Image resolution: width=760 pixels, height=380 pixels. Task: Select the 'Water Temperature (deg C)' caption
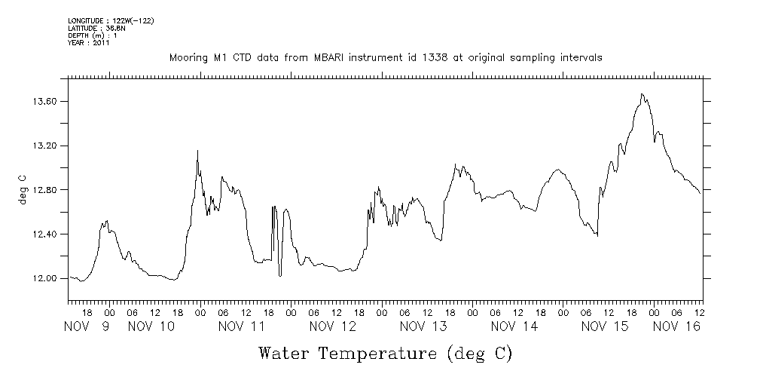[385, 352]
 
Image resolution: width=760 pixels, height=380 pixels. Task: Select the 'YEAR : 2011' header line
[89, 43]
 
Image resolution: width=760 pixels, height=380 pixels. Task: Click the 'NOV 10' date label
[151, 326]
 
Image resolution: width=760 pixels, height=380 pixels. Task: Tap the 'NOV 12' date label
[333, 326]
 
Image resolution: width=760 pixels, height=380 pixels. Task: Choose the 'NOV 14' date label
[514, 326]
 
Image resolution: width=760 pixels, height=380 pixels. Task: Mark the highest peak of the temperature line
[642, 94]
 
